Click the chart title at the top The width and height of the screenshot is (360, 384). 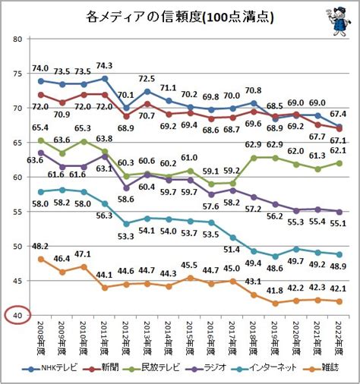coord(180,17)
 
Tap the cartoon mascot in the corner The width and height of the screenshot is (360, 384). coord(339,22)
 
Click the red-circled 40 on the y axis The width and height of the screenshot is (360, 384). coord(17,315)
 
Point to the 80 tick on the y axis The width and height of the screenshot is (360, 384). coord(18,39)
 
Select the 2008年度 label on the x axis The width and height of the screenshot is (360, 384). coord(41,338)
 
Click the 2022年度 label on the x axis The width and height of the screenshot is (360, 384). coord(339,338)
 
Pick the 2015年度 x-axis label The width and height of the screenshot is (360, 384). coord(190,338)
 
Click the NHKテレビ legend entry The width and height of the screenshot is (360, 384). coord(49,368)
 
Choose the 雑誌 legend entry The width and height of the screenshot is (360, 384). coord(321,368)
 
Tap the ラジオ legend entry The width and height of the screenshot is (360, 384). coord(206,368)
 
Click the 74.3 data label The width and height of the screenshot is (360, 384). coord(104,66)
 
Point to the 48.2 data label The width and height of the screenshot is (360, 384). coord(40,247)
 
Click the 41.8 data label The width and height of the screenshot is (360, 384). coord(275,291)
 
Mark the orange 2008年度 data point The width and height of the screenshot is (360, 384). coord(41,260)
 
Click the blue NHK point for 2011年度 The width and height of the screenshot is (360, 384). coord(105,79)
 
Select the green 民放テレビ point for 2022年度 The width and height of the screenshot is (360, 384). coord(339,163)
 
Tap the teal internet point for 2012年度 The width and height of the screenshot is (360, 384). coord(126,224)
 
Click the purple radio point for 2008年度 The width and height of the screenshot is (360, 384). coord(41,153)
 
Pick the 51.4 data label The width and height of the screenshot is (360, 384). coord(232,250)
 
